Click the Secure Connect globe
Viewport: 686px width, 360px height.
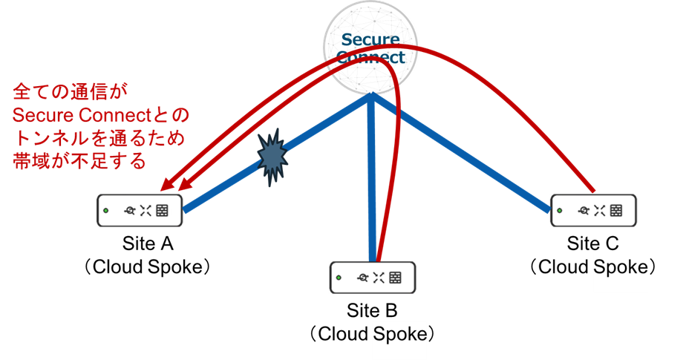point(370,48)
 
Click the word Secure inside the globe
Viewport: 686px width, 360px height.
point(370,39)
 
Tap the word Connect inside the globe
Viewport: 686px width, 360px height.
point(370,57)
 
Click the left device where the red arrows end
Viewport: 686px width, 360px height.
point(140,211)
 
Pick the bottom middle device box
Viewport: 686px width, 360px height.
point(372,278)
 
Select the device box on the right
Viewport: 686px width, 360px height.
point(593,210)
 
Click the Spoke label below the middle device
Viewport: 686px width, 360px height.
point(399,333)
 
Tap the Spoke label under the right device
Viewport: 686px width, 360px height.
point(621,266)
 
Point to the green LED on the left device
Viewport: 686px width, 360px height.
point(106,211)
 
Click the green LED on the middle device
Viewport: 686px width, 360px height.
point(339,278)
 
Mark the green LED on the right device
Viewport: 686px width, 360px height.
point(561,210)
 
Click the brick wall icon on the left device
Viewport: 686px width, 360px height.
point(162,211)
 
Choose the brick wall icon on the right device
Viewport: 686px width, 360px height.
point(616,210)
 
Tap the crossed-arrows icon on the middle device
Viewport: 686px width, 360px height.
point(379,278)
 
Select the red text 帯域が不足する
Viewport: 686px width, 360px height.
point(79,163)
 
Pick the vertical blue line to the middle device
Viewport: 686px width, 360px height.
point(370,186)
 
